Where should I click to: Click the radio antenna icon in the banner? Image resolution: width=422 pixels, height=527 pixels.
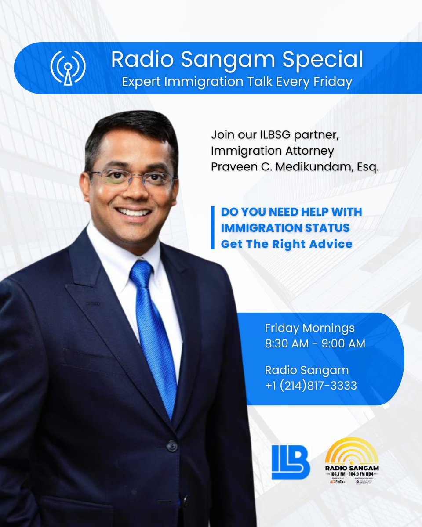click(x=68, y=68)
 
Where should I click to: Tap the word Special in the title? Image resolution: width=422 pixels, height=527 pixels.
click(x=327, y=60)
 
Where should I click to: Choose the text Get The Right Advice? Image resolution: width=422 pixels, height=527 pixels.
click(x=287, y=244)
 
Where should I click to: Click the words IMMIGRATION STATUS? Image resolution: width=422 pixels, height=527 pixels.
click(x=285, y=228)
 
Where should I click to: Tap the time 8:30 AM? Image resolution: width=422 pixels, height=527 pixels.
click(x=287, y=344)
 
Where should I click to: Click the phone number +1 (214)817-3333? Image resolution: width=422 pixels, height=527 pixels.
click(x=311, y=386)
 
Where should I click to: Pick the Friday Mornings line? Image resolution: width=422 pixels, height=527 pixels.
click(x=309, y=328)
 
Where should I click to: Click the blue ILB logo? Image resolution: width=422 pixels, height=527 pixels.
click(x=291, y=462)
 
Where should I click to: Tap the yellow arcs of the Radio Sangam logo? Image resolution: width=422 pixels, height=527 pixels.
click(x=352, y=450)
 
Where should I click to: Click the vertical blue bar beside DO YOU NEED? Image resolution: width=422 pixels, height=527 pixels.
click(x=213, y=228)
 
